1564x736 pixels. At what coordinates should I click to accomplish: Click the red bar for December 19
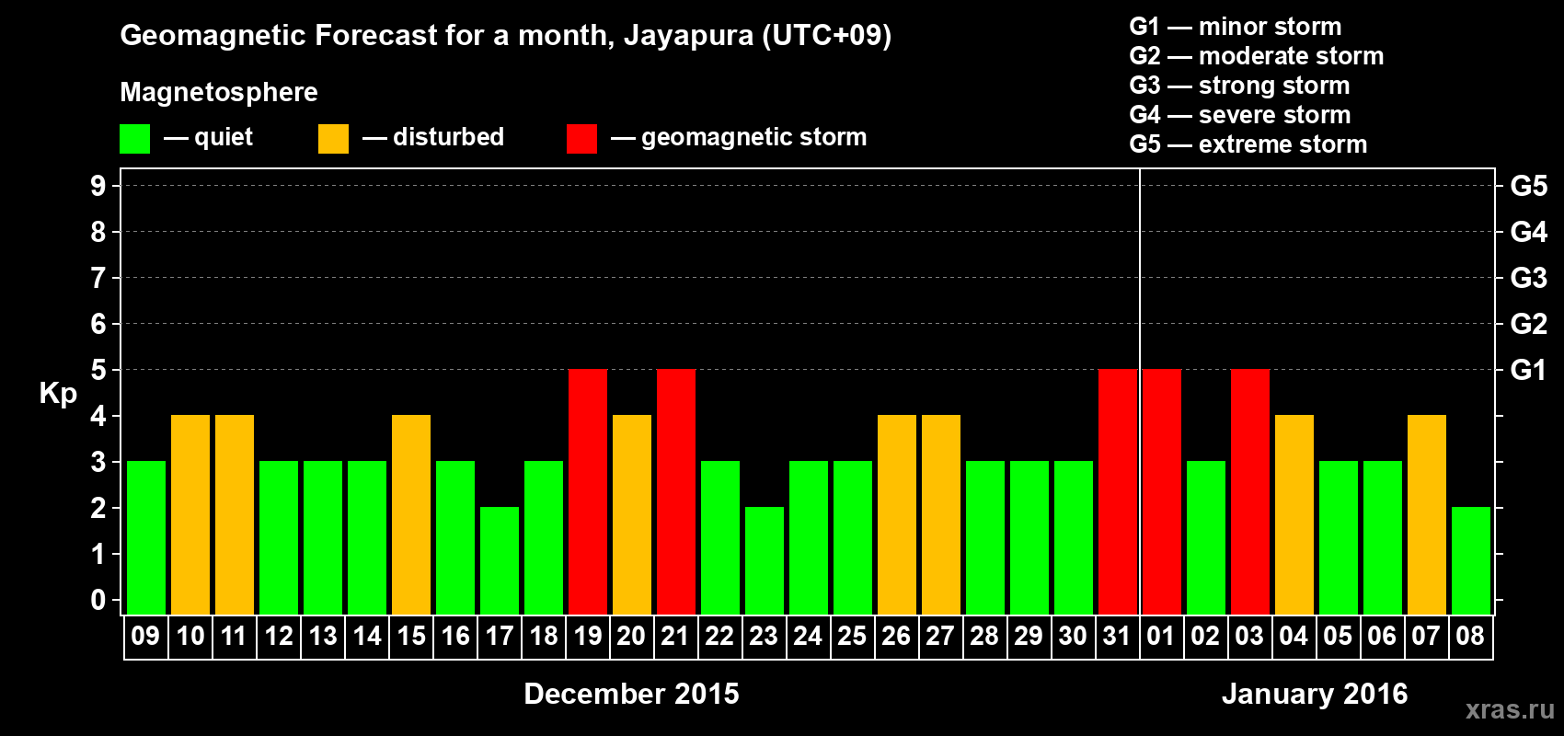pyautogui.click(x=588, y=491)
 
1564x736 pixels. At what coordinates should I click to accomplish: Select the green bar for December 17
pyautogui.click(x=500, y=560)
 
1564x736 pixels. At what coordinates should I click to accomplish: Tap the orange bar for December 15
pyautogui.click(x=411, y=514)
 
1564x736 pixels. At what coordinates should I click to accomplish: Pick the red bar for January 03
pyautogui.click(x=1250, y=491)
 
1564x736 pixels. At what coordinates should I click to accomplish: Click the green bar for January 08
pyautogui.click(x=1471, y=560)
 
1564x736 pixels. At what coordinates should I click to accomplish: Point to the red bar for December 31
pyautogui.click(x=1118, y=491)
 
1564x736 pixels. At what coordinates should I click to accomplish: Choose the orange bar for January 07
pyautogui.click(x=1427, y=514)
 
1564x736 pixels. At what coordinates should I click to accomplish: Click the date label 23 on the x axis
pyautogui.click(x=764, y=636)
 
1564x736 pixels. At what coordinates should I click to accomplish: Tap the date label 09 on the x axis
pyautogui.click(x=145, y=636)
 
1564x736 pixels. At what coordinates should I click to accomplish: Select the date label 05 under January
pyautogui.click(x=1338, y=636)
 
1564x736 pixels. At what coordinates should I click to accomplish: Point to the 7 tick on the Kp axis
pyautogui.click(x=98, y=278)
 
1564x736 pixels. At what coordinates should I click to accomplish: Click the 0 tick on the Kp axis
pyautogui.click(x=98, y=601)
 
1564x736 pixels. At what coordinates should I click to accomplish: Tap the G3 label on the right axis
pyautogui.click(x=1528, y=278)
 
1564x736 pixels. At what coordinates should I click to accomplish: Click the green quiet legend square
pyautogui.click(x=135, y=139)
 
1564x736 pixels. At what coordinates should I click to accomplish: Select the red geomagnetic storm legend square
pyautogui.click(x=581, y=139)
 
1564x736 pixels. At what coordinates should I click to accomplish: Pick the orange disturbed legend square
pyautogui.click(x=333, y=139)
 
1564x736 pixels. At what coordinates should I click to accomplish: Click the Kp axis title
pyautogui.click(x=58, y=394)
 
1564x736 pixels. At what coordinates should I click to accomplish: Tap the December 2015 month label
pyautogui.click(x=631, y=694)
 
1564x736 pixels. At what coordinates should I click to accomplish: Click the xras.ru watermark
pyautogui.click(x=1510, y=709)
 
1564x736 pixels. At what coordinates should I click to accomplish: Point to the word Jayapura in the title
pyautogui.click(x=688, y=36)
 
